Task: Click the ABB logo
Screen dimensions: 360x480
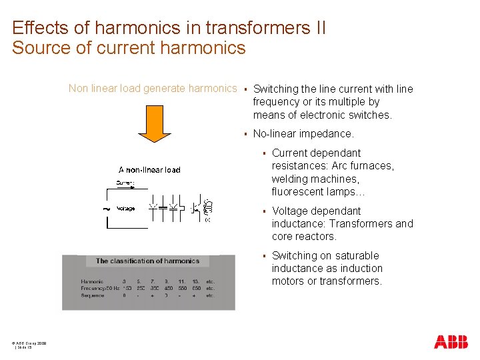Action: tap(451, 342)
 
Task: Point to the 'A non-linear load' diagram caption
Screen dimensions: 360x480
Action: tap(149, 169)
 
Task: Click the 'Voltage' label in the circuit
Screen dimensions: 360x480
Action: tap(125, 209)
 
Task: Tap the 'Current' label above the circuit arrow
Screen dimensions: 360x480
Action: tap(125, 182)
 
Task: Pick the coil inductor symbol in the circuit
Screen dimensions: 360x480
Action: tap(207, 209)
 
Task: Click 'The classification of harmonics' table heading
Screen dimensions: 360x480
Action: tap(147, 261)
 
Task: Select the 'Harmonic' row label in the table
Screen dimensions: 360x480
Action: tap(92, 282)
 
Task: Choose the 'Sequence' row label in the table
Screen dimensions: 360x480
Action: tap(93, 295)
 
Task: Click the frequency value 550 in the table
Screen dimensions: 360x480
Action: tap(182, 289)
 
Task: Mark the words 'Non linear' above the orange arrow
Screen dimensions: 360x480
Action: tap(94, 88)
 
